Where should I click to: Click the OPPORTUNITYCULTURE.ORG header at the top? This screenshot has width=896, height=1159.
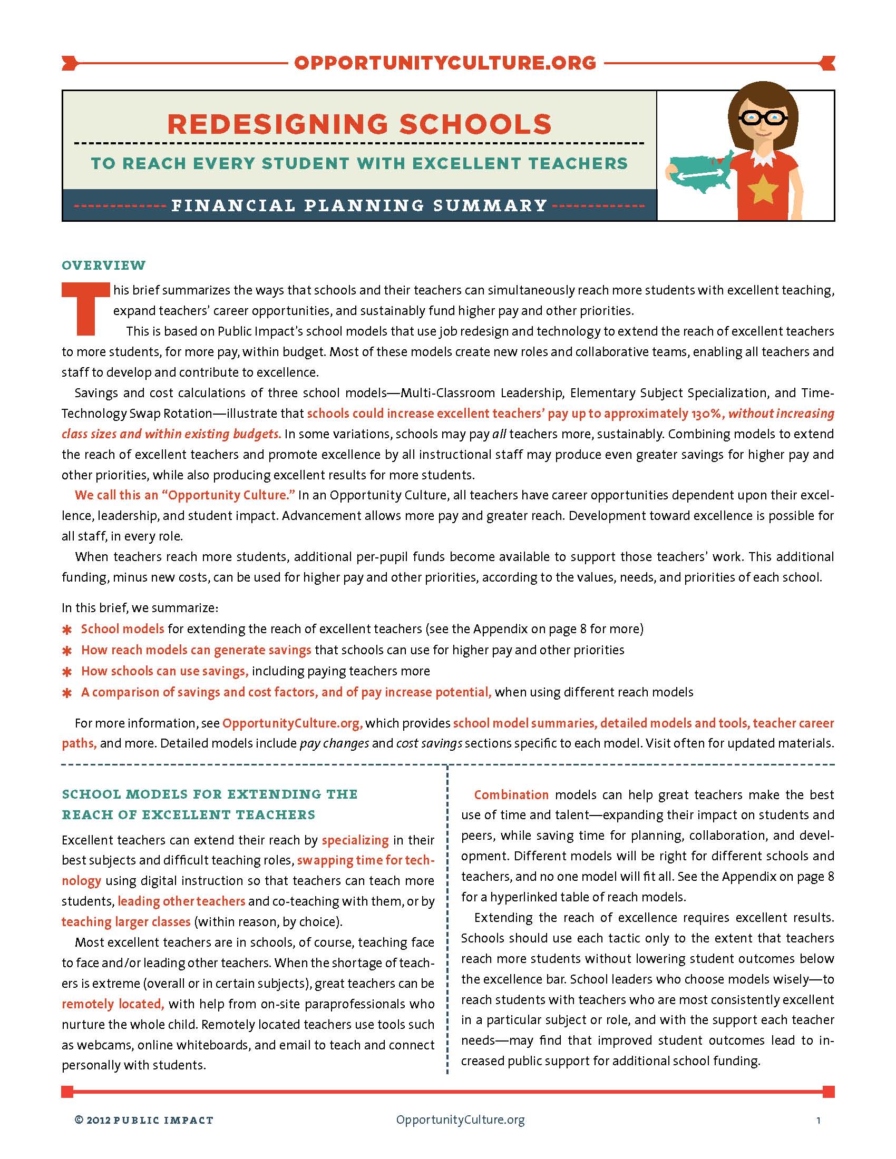[x=445, y=63]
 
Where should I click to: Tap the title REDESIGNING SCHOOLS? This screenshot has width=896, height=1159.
[x=359, y=124]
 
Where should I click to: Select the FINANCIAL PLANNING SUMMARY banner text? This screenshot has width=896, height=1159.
[x=359, y=205]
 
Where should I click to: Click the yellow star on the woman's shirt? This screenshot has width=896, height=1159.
[x=762, y=188]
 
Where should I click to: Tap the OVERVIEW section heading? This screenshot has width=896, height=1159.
[x=103, y=265]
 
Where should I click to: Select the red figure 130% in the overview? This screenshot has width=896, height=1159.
[x=705, y=414]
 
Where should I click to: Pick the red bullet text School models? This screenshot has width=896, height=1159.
[x=123, y=629]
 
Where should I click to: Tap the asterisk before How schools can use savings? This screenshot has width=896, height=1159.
[x=67, y=672]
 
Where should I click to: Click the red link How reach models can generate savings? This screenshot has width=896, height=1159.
[x=196, y=650]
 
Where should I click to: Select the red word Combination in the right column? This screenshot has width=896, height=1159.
[x=511, y=794]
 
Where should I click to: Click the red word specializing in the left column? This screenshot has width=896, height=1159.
[x=355, y=840]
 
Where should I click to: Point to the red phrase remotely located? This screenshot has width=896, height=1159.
[x=113, y=1004]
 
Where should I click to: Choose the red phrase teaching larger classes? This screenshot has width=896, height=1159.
[x=126, y=921]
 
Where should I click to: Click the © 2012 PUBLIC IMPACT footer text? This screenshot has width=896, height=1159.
[x=144, y=1120]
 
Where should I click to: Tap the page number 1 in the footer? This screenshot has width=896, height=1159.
[x=818, y=1121]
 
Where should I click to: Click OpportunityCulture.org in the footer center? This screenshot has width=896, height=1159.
[x=460, y=1119]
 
